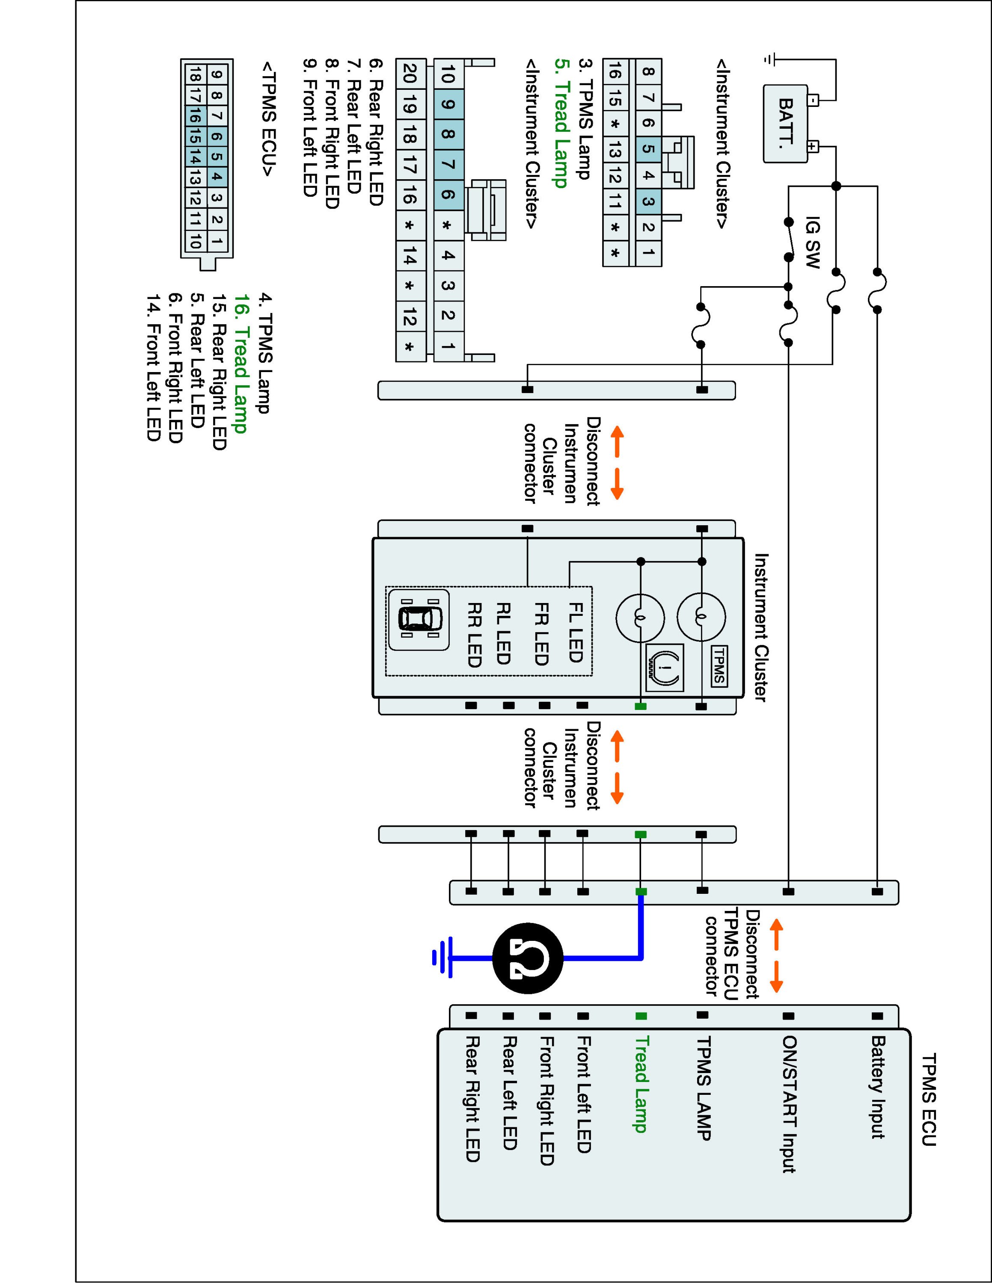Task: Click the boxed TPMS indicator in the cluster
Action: pos(719,665)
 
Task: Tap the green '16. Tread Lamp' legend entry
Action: pos(240,363)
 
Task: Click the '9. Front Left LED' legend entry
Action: pos(310,127)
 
